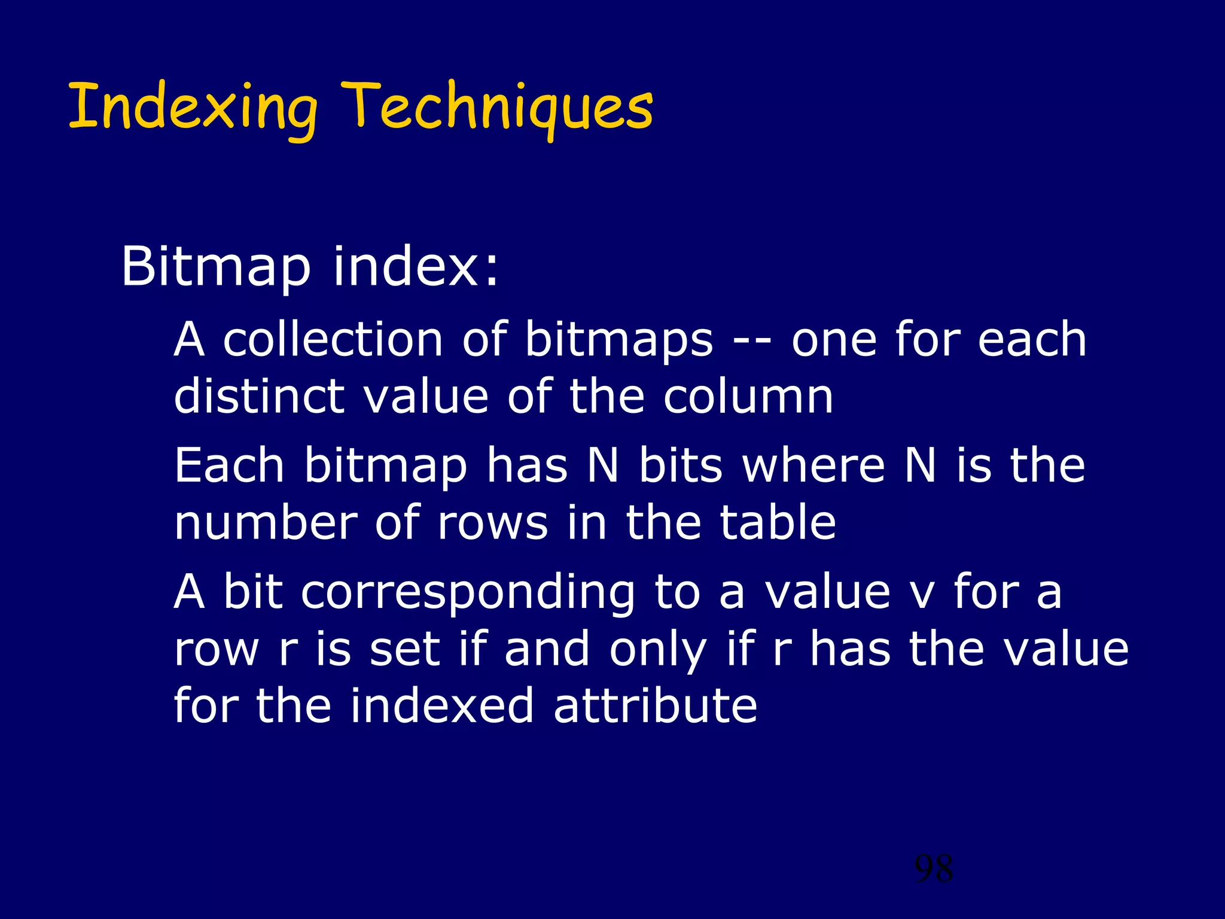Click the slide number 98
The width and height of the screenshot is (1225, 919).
pyautogui.click(x=934, y=869)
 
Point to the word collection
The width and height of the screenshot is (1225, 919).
pyautogui.click(x=333, y=339)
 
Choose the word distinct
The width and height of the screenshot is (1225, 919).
pyautogui.click(x=259, y=396)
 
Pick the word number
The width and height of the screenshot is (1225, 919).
pyautogui.click(x=266, y=522)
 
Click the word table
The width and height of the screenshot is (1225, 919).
pyautogui.click(x=778, y=522)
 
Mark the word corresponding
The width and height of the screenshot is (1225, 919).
pyautogui.click(x=468, y=592)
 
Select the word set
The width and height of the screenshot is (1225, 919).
pyautogui.click(x=404, y=649)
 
